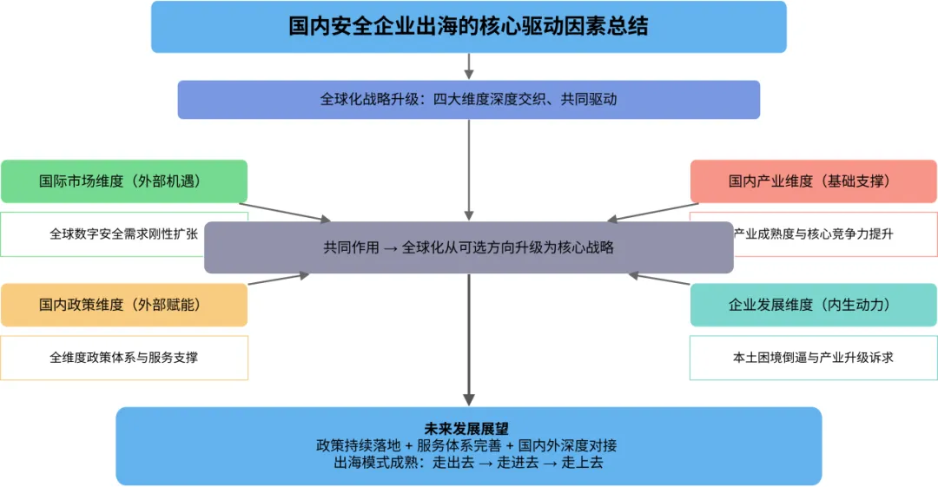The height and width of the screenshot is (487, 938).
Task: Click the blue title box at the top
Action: coord(468,26)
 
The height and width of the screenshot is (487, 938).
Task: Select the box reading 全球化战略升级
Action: coord(468,99)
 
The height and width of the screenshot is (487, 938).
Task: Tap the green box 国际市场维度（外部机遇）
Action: coord(124,181)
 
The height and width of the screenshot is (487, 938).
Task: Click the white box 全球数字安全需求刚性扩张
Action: coord(123,234)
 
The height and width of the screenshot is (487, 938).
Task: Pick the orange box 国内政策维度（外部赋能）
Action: coord(124,305)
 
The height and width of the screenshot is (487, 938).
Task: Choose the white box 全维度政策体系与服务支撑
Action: coord(124,357)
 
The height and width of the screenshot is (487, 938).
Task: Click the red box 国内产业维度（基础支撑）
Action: coord(813,181)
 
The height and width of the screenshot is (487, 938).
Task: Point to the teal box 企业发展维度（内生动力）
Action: coord(813,305)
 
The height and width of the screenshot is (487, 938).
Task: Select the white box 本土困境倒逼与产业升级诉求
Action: coord(813,357)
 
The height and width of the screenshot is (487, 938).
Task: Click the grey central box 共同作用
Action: coord(468,247)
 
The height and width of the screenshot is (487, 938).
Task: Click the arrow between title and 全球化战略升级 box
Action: coord(469,66)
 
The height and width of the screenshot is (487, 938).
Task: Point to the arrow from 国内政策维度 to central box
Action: coord(278,280)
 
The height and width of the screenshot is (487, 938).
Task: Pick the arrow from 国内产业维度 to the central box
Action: coord(651,213)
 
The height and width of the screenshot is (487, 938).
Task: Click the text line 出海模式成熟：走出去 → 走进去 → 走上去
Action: coord(468,463)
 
